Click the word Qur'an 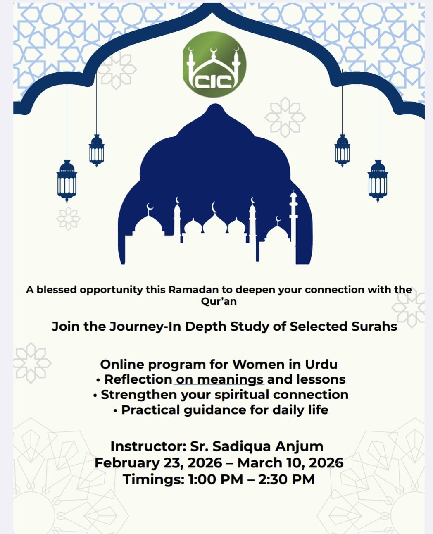(x=219, y=301)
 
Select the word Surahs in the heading (x=374, y=326)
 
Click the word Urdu (x=321, y=364)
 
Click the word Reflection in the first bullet (x=138, y=379)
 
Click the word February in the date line (x=127, y=462)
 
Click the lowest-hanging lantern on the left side (x=67, y=180)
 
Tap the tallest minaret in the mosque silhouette (x=293, y=223)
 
